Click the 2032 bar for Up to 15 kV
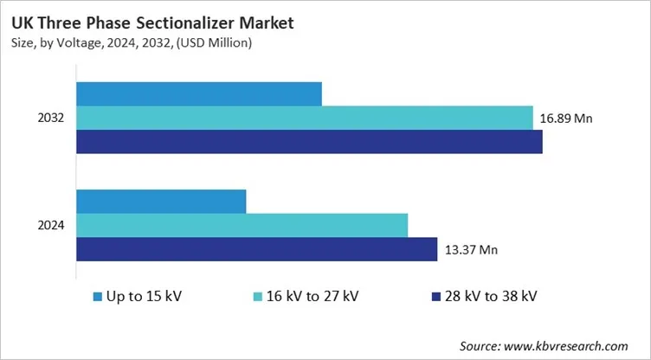(199, 93)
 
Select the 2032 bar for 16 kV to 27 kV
(305, 118)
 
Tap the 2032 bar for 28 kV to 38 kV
(309, 142)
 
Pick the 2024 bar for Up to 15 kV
(161, 201)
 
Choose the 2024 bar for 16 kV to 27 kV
(242, 225)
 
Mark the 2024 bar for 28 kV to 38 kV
(256, 249)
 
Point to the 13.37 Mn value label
(471, 250)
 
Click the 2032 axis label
(51, 118)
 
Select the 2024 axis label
(51, 225)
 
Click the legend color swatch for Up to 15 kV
(97, 297)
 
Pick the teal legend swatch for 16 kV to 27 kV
(258, 297)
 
